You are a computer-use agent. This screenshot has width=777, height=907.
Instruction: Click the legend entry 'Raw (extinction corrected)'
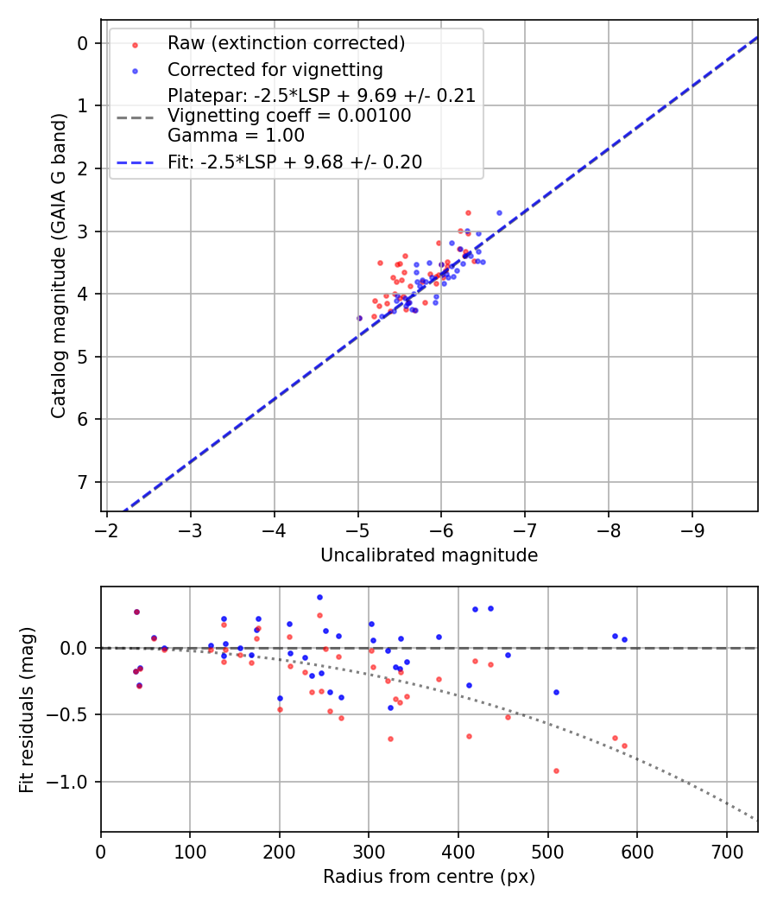click(286, 43)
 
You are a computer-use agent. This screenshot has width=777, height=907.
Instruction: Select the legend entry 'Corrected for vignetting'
click(275, 69)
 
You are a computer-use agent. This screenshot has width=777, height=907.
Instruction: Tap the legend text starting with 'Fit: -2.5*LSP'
click(294, 162)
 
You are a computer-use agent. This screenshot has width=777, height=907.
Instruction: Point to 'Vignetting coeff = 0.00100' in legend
click(289, 115)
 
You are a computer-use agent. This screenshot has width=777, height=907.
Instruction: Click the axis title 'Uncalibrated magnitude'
click(429, 555)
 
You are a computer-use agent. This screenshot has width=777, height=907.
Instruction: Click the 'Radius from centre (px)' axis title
click(429, 877)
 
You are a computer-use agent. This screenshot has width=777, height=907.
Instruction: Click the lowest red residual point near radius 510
click(556, 771)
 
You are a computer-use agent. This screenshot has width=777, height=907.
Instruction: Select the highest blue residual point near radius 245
click(319, 597)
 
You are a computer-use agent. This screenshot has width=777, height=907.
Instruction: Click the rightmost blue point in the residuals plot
click(624, 639)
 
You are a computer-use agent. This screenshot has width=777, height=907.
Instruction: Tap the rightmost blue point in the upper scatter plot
click(499, 212)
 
